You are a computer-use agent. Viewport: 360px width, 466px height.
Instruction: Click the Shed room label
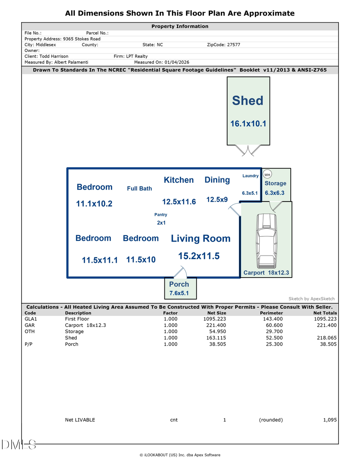[248, 101]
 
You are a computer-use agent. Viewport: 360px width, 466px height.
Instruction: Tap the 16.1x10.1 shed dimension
[248, 124]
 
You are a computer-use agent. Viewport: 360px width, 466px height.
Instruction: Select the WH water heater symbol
[267, 175]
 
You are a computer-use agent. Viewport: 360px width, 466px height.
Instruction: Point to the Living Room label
[200, 239]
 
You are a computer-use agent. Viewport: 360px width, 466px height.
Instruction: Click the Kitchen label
[179, 180]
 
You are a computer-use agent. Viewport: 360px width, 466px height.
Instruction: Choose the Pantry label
[161, 215]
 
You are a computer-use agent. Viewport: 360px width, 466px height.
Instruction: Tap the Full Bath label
[139, 188]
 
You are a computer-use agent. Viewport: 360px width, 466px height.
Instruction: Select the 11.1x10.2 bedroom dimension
[94, 204]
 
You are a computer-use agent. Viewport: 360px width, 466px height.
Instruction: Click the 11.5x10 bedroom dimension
[141, 260]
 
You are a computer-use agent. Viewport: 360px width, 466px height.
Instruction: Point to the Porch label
[179, 284]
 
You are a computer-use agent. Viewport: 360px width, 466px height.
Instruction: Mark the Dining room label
[217, 180]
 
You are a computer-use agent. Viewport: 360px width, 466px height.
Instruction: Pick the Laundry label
[250, 176]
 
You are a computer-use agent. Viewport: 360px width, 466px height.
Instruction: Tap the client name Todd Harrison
[54, 56]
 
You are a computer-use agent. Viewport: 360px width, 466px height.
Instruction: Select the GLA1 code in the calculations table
[30, 319]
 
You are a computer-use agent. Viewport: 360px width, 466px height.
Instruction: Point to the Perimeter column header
[271, 313]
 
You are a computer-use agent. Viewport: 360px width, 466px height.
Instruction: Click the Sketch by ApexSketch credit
[312, 299]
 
